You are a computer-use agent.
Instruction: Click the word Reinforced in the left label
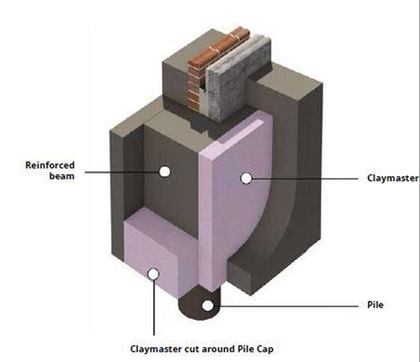coord(50,165)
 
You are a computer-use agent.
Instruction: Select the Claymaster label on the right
coord(393,178)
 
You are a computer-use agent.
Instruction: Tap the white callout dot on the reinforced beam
coord(164,172)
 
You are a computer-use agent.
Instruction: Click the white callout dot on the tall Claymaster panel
coord(246,178)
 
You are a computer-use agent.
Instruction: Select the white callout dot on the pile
coord(208,306)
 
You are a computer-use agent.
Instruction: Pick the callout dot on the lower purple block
coord(153,274)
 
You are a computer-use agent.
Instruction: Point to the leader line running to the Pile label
coord(287,306)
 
